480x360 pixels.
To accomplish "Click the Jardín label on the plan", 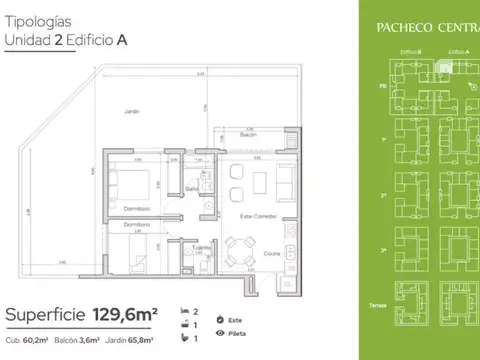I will click(125, 111).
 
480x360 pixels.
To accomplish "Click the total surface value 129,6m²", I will click(121, 315).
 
